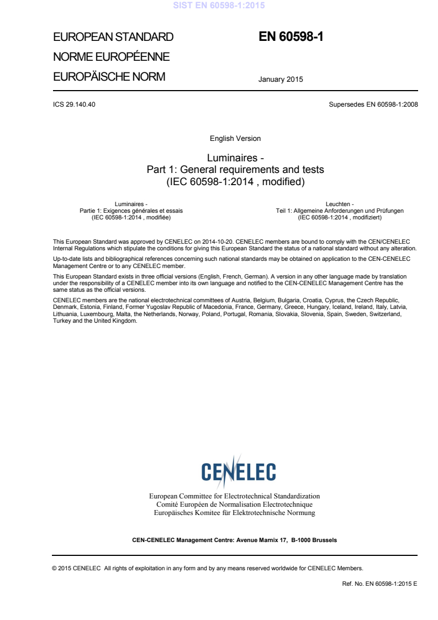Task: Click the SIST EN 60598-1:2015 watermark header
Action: (x=219, y=6)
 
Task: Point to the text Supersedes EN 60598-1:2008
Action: (x=373, y=104)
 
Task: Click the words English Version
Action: (x=235, y=138)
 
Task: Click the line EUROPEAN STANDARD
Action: (x=113, y=38)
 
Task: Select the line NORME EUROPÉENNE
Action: (x=111, y=57)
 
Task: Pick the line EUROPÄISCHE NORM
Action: (x=109, y=77)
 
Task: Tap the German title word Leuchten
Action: (x=340, y=204)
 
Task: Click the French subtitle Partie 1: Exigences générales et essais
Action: (x=131, y=211)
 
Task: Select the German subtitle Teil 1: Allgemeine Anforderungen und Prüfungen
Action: (x=340, y=211)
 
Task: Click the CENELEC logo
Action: (x=238, y=471)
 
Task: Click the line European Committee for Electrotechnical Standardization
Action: (x=234, y=496)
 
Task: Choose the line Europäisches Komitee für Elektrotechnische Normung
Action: (x=234, y=513)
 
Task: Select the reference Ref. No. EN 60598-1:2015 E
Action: (x=379, y=583)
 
